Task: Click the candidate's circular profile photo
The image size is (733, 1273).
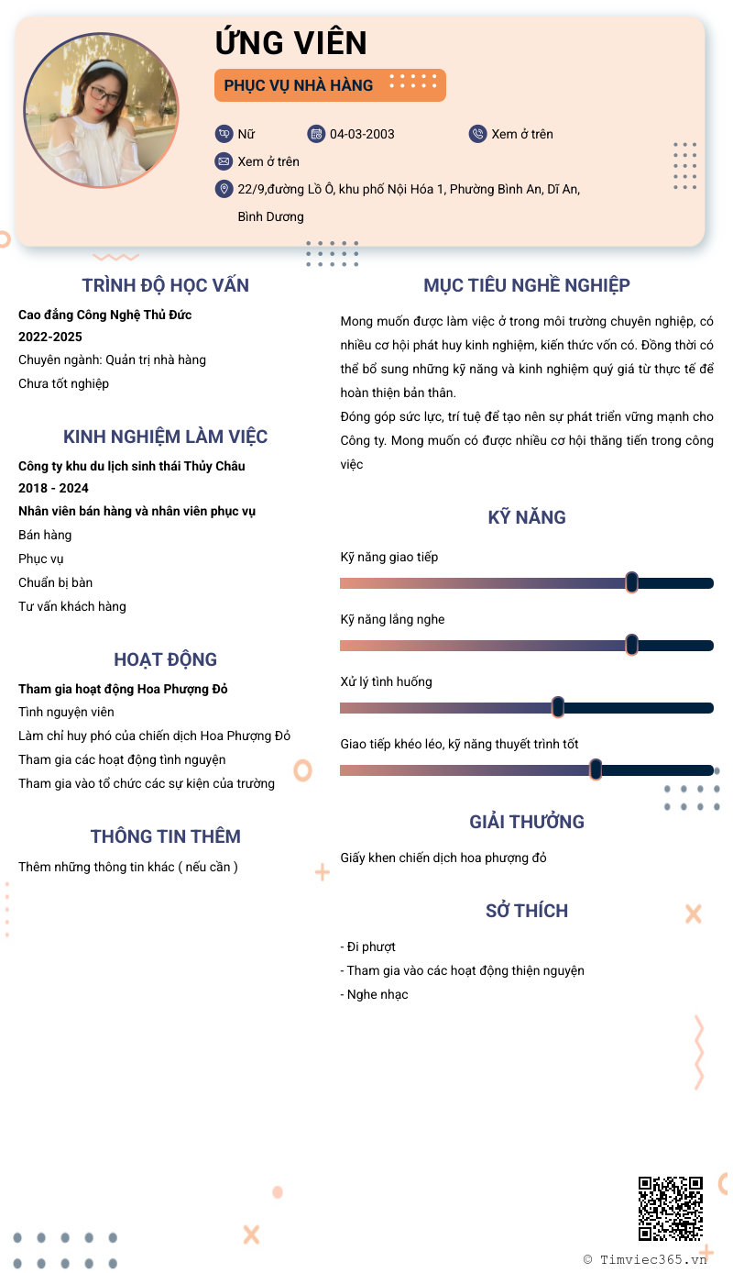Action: tap(102, 109)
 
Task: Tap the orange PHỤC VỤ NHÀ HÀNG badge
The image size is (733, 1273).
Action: tap(330, 85)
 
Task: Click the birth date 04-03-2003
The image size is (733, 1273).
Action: tap(362, 134)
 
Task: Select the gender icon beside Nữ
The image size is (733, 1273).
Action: tap(224, 134)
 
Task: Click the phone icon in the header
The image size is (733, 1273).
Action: tap(477, 134)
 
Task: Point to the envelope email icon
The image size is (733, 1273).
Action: tap(224, 161)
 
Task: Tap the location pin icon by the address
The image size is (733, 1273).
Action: tap(224, 189)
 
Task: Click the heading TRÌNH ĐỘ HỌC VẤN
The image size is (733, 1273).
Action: tap(165, 285)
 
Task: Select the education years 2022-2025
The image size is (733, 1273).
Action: tap(50, 337)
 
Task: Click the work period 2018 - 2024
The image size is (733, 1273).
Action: tap(54, 488)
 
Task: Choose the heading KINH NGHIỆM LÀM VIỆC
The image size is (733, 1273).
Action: tap(165, 437)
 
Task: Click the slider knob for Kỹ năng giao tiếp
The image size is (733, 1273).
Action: tap(631, 582)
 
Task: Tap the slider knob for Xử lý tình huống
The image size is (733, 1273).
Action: tap(558, 707)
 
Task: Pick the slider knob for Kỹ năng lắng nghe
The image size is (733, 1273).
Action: tap(631, 645)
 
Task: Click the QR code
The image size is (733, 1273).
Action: tap(671, 1208)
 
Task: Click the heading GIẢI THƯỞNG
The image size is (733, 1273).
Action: tap(527, 822)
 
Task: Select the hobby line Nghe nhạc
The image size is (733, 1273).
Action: tap(374, 994)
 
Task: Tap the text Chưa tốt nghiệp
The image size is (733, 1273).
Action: tap(64, 383)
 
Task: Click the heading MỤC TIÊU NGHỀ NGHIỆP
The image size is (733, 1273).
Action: tap(527, 285)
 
